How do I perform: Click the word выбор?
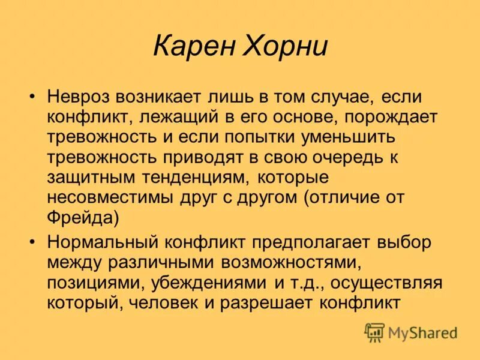[404, 242]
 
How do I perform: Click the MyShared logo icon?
[374, 332]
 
